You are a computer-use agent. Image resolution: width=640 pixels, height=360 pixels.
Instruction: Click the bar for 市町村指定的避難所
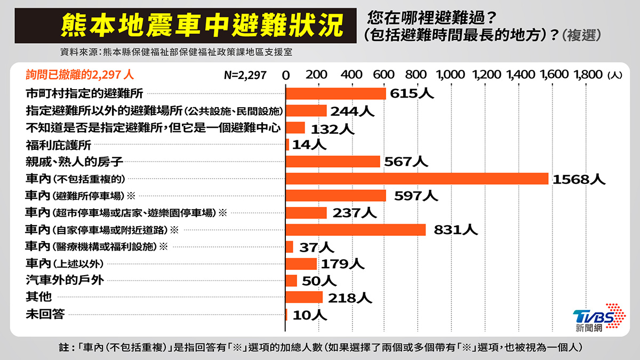coord(335,93)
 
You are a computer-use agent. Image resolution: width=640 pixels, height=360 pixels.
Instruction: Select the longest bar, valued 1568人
coord(417,179)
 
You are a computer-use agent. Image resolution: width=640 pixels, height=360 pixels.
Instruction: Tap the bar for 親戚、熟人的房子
coord(333,162)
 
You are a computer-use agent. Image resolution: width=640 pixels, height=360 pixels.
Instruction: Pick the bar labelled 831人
coord(356,230)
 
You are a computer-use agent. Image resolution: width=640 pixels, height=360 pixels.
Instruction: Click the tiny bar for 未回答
coord(286,315)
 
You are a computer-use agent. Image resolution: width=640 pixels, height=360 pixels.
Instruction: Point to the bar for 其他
coord(304,297)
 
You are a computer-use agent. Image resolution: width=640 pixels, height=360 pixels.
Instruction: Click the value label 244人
coord(353,111)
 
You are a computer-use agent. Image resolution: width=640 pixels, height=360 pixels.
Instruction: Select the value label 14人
coord(309,145)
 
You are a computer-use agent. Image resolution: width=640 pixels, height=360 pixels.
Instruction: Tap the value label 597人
coord(416,196)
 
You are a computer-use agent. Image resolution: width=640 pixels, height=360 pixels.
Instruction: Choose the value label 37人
coord(317,247)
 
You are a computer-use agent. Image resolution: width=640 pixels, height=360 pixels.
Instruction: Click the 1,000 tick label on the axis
coord(451,75)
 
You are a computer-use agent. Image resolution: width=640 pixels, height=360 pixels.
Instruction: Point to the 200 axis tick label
coord(316,75)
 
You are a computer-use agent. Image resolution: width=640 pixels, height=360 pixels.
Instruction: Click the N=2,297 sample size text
coord(245,75)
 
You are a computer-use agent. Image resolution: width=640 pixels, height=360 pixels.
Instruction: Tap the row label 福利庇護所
coord(59,145)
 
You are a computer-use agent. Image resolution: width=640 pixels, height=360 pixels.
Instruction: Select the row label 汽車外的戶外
coord(65,281)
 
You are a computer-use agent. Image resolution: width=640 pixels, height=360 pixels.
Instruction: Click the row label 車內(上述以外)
coord(65,263)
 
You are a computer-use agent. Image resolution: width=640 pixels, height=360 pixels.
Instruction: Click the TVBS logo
coord(599,318)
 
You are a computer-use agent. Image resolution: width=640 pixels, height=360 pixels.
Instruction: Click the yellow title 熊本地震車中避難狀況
coord(202,26)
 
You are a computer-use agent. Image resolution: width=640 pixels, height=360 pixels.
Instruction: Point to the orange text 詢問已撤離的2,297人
coord(80,75)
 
